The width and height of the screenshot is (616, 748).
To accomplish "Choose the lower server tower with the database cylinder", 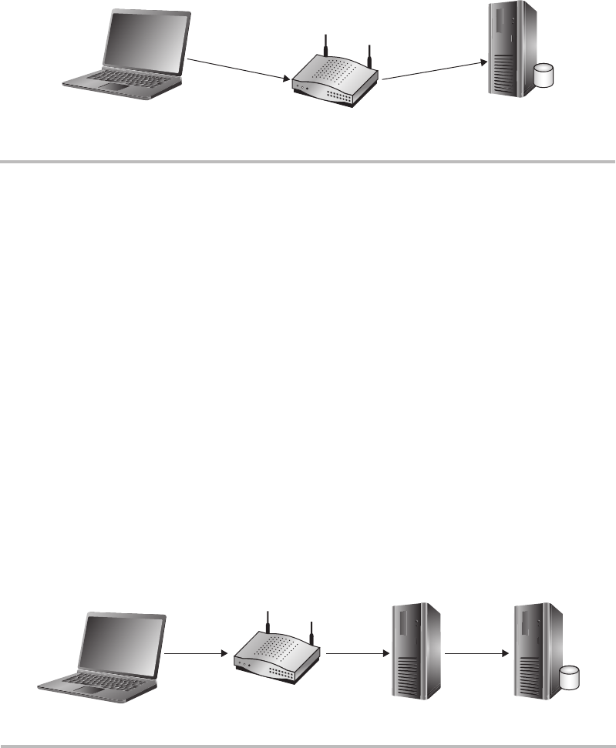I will (534, 646).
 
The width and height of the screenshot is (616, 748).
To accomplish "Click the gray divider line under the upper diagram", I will (308, 162).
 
